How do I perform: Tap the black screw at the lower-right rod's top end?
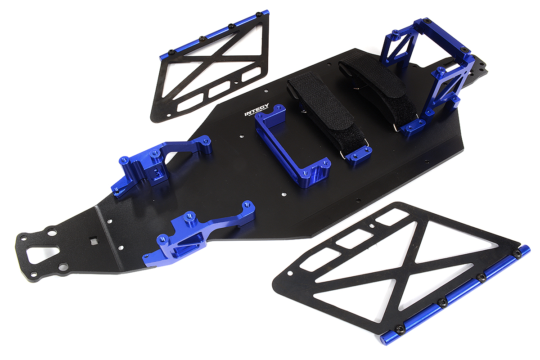(x=517, y=255)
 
